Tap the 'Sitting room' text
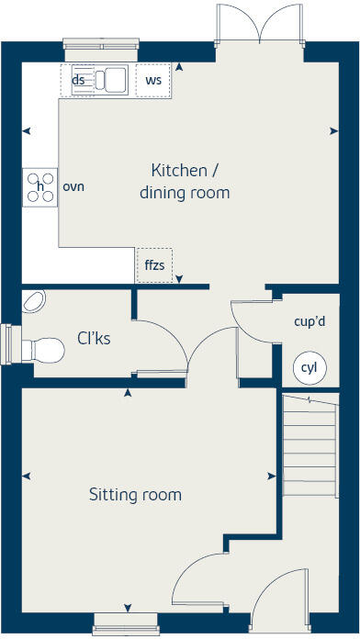(x=135, y=495)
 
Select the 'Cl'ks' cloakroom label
(x=94, y=338)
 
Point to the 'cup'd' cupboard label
(x=309, y=322)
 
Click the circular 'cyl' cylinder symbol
(x=309, y=368)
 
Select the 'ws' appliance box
(x=153, y=81)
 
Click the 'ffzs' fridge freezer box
(x=153, y=265)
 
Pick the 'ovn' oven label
(x=73, y=186)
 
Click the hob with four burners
(x=40, y=187)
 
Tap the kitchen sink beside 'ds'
(x=111, y=80)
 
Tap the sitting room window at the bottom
(x=126, y=628)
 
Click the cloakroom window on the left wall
(x=7, y=342)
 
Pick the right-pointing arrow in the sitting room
(x=271, y=476)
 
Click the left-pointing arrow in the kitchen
(x=26, y=131)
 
